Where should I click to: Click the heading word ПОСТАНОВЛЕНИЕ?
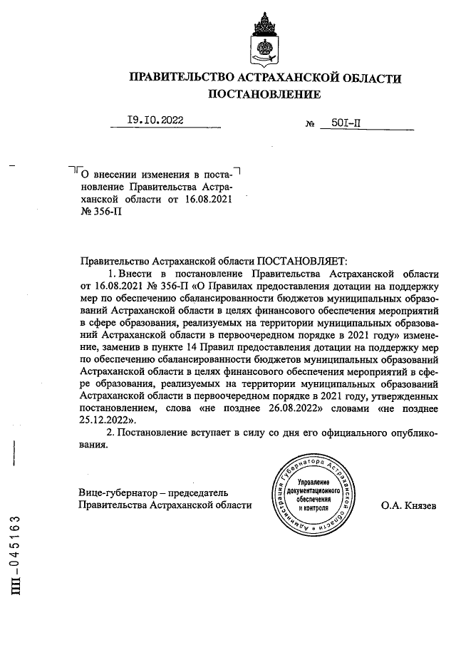click(x=264, y=93)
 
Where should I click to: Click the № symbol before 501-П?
click(x=310, y=124)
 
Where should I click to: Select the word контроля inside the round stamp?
click(x=314, y=509)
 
